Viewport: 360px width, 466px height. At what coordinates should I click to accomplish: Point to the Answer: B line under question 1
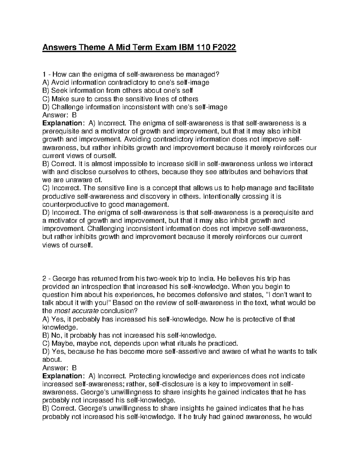pyautogui.click(x=60, y=115)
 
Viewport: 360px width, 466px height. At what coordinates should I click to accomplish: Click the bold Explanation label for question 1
pyautogui.click(x=61, y=123)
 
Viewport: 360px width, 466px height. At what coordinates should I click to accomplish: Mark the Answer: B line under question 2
pyautogui.click(x=60, y=368)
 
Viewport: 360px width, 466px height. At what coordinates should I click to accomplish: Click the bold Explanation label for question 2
pyautogui.click(x=61, y=376)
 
